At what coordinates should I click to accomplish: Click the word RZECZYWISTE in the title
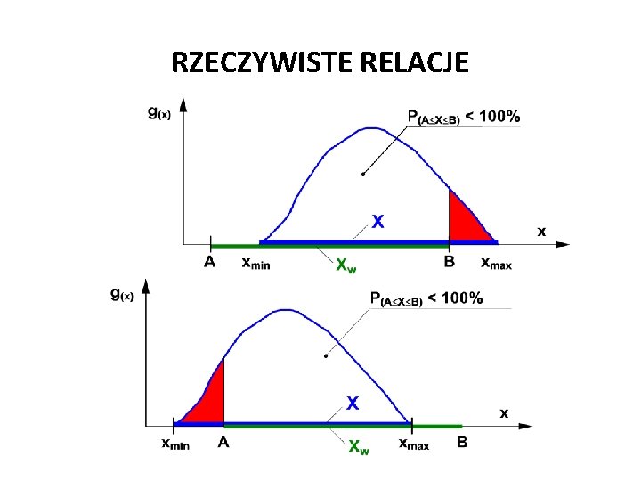point(259,63)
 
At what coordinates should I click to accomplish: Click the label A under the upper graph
point(209,263)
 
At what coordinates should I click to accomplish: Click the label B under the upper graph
point(449,263)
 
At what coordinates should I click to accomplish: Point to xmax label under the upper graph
point(496,264)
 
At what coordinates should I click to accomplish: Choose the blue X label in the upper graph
point(377,222)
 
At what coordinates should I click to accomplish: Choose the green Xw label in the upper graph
point(346,265)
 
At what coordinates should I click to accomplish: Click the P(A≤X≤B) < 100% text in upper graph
point(464,117)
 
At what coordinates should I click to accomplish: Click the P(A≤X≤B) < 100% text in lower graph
point(426,299)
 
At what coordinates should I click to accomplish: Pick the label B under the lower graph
point(462,441)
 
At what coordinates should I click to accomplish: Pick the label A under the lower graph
point(223,441)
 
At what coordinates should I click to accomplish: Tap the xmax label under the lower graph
point(413,443)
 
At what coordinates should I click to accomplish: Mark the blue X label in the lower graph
point(353,404)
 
